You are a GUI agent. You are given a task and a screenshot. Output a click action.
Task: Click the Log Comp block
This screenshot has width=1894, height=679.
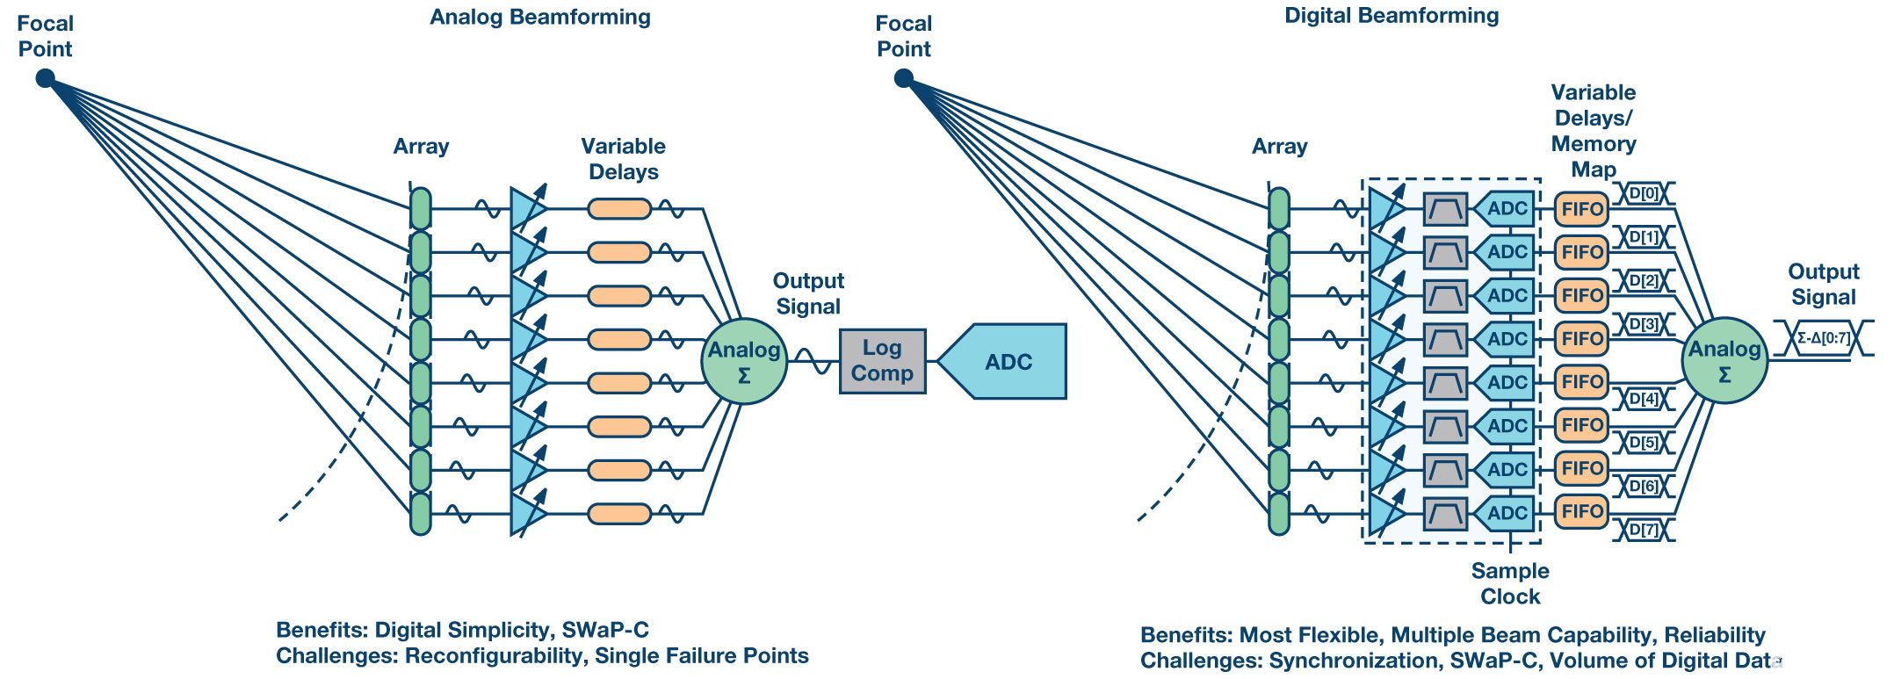tap(882, 361)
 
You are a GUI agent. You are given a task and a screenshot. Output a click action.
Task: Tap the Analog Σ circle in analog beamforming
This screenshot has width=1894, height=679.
tap(743, 361)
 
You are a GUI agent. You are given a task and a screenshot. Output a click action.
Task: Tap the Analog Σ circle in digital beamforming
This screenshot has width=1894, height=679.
tap(1724, 361)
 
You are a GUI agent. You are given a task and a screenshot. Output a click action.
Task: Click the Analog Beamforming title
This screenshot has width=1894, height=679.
tap(539, 18)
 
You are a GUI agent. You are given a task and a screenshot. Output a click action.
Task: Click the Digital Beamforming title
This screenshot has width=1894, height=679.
tap(1391, 16)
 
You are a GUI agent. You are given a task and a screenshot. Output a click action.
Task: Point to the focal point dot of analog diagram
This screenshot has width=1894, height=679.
tap(45, 79)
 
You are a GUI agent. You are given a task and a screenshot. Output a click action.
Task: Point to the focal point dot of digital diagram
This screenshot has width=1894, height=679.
tap(903, 79)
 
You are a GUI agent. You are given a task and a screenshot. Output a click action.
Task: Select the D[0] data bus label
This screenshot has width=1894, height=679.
tap(1644, 193)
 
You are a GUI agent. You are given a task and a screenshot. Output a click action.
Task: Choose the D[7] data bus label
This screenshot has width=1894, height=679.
tap(1644, 530)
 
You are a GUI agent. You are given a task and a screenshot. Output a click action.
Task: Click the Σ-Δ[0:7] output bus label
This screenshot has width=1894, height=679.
tap(1823, 338)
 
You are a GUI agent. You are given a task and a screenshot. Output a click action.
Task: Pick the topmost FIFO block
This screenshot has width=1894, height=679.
tap(1581, 209)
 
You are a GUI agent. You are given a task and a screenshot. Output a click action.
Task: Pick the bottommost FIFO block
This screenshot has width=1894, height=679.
tap(1581, 511)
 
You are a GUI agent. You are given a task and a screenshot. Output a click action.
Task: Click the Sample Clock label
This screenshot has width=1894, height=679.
tap(1509, 583)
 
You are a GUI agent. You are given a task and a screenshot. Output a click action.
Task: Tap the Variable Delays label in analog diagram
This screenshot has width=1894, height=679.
tap(623, 159)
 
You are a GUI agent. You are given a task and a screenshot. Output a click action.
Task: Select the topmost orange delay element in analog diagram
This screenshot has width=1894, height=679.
tap(618, 209)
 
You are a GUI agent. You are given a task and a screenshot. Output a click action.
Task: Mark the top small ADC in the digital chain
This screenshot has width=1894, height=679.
tap(1505, 209)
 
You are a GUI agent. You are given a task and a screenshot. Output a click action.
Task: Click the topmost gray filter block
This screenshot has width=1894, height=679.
tap(1445, 209)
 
